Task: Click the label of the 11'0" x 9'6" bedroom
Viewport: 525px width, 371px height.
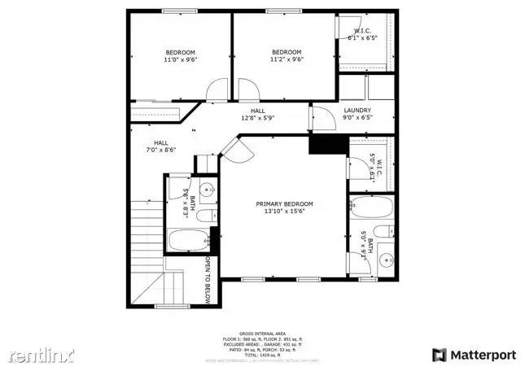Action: pos(181,55)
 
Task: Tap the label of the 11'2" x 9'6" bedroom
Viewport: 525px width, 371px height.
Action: pos(287,55)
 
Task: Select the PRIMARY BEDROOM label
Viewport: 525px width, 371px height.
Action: pos(284,208)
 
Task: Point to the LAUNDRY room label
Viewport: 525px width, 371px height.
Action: pos(357,114)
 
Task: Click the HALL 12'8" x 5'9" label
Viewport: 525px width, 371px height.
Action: pos(257,114)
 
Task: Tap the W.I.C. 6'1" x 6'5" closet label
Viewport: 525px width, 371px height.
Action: pos(364,34)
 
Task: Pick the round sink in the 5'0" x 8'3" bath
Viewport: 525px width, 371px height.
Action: pos(207,193)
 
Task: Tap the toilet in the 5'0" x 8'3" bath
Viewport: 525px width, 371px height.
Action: pos(208,216)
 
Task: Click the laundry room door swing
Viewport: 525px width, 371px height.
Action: pos(322,118)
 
